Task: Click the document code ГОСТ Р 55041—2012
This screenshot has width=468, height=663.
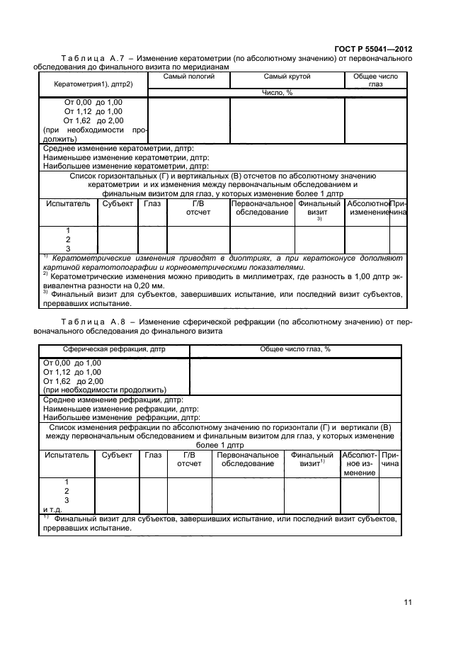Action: click(373, 49)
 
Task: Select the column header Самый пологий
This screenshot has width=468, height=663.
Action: click(188, 76)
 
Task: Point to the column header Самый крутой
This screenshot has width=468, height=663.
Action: click(287, 76)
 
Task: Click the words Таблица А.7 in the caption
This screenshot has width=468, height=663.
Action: click(89, 58)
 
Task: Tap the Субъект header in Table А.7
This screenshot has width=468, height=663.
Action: click(117, 203)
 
